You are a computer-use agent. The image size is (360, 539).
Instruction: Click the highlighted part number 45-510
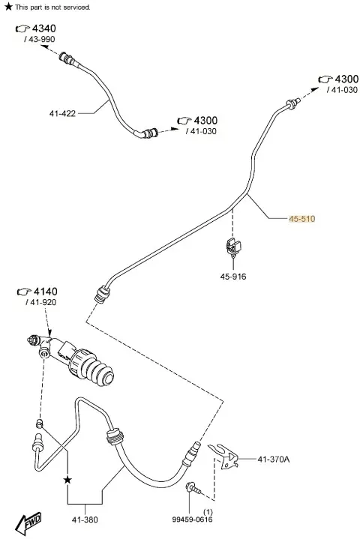[302, 219]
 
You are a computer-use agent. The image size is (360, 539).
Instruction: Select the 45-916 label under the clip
[233, 277]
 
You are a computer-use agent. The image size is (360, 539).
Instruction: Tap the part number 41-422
[62, 113]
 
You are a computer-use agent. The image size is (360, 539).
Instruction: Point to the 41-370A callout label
[274, 459]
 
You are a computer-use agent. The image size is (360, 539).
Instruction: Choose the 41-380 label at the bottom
[85, 520]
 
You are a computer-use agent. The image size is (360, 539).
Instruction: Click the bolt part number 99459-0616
[192, 520]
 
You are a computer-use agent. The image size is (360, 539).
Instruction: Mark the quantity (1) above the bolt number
[208, 512]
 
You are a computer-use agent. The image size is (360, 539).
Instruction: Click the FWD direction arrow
[28, 523]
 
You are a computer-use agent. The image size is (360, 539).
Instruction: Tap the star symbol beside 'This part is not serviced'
[8, 7]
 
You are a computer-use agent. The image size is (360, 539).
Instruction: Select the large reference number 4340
[44, 28]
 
